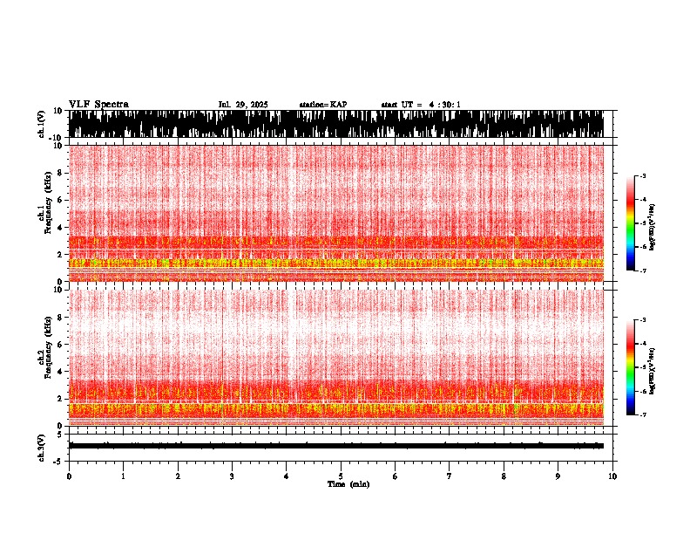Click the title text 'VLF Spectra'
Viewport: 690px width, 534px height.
(98, 105)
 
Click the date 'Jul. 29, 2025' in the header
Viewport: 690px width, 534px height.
(243, 105)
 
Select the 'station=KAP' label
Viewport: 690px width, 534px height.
(322, 105)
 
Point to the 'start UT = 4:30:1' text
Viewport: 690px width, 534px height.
(421, 105)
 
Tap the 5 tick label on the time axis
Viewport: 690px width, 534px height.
(341, 476)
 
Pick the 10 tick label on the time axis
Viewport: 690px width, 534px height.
(612, 476)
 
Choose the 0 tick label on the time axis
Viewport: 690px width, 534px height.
(69, 476)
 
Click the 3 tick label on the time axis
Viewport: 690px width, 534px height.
(232, 476)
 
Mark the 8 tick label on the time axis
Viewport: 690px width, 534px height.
(504, 476)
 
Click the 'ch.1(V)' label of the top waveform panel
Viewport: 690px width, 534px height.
(41, 125)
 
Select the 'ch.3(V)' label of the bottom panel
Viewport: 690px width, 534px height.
(41, 446)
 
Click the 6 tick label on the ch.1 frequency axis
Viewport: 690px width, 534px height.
(62, 200)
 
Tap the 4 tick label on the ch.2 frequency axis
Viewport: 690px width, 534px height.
(62, 372)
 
